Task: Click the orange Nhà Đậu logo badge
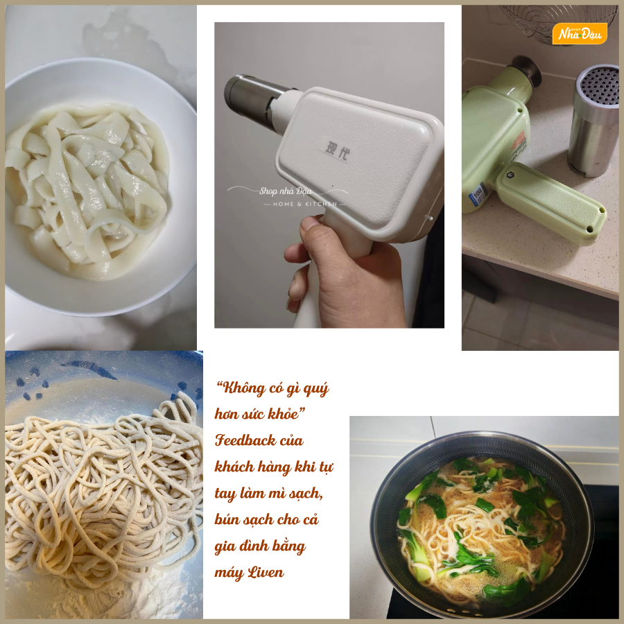coord(580,33)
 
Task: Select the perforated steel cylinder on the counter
coord(593,120)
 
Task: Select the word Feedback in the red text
coord(245,440)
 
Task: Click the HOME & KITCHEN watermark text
coord(305,204)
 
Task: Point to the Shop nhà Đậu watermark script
coord(286,191)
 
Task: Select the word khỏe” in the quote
coord(286,414)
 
